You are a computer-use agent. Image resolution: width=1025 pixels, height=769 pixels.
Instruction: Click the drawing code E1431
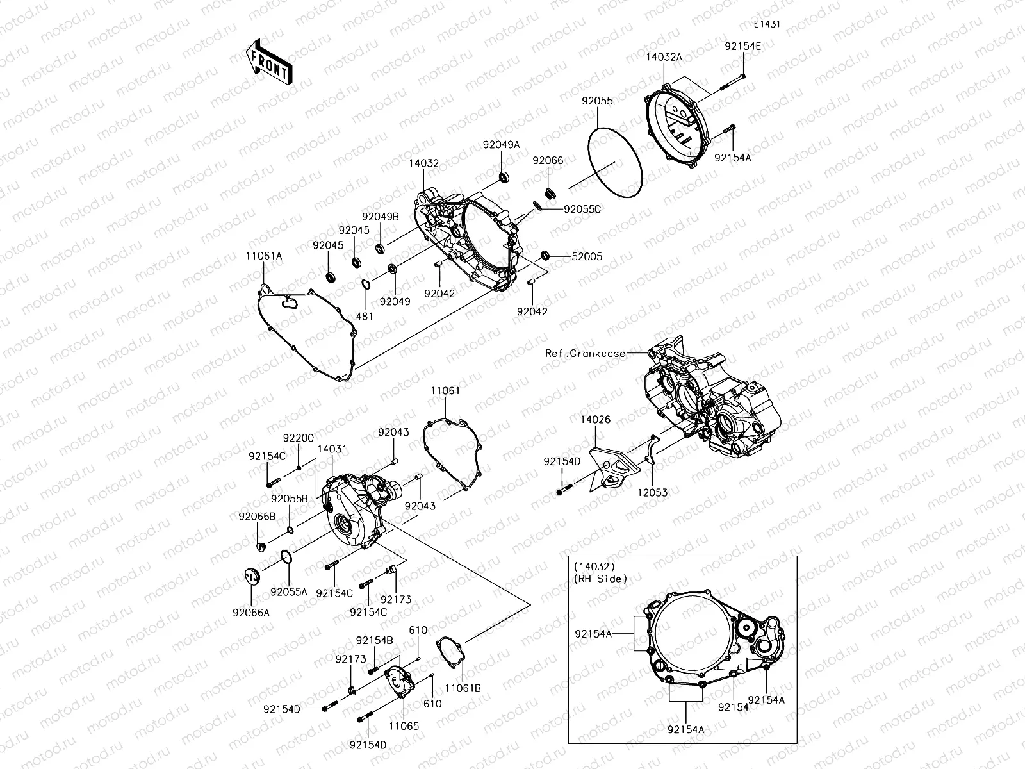(x=767, y=24)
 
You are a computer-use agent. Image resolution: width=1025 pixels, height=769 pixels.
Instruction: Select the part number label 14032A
(x=663, y=57)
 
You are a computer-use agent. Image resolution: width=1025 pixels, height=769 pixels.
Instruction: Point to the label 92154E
(x=743, y=46)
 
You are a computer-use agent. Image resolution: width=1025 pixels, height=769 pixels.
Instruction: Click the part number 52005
(x=587, y=256)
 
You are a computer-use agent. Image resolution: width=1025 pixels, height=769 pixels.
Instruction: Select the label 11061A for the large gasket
(x=264, y=255)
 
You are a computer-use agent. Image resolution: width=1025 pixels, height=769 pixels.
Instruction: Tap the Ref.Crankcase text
(x=585, y=353)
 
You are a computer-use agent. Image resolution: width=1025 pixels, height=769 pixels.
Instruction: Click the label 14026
(x=595, y=420)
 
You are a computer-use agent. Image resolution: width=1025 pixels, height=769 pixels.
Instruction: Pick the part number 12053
(x=653, y=492)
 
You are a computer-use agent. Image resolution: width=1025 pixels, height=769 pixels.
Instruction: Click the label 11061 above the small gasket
(x=445, y=390)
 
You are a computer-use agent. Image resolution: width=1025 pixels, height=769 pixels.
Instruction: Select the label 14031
(x=332, y=450)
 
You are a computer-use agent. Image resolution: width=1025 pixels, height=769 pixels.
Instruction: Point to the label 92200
(x=299, y=438)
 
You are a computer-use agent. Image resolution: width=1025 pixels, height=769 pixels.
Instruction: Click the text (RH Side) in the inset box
(x=600, y=579)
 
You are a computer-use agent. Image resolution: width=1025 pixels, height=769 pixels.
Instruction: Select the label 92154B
(x=375, y=640)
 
